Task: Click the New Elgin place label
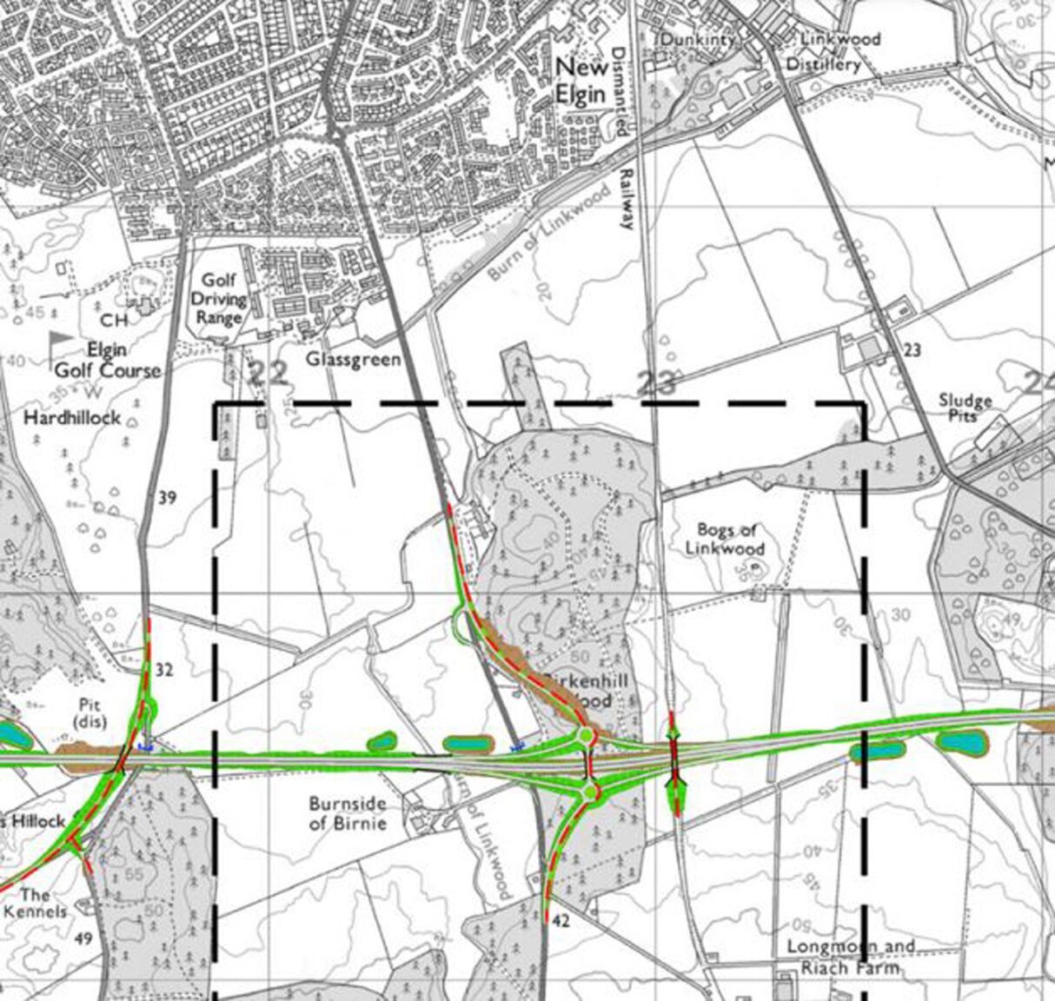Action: click(x=581, y=80)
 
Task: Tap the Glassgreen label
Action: click(x=353, y=359)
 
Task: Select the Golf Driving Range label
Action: click(x=220, y=299)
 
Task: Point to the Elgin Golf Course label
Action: click(x=108, y=360)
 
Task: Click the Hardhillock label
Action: click(x=72, y=418)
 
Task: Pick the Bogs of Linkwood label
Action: click(x=725, y=539)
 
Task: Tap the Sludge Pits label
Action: click(x=965, y=408)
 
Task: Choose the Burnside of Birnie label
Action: click(x=347, y=812)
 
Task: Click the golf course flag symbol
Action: click(x=60, y=344)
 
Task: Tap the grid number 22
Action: click(x=268, y=374)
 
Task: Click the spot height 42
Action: click(x=561, y=921)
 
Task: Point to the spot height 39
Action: click(x=168, y=497)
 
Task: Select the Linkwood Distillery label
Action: click(x=829, y=52)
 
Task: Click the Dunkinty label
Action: click(x=697, y=39)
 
